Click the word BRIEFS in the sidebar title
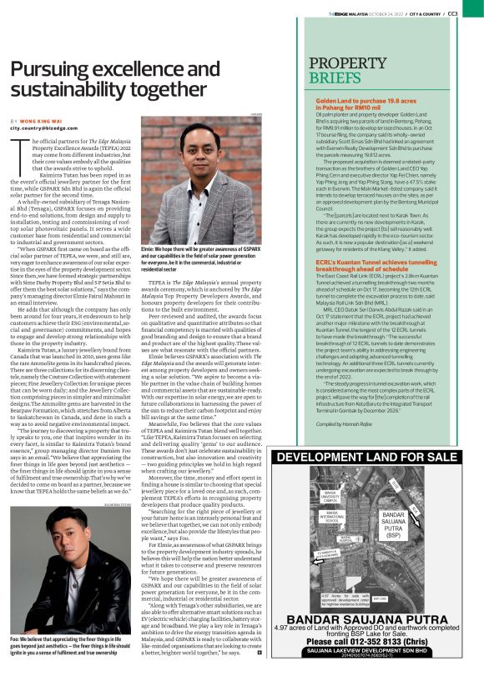(x=337, y=78)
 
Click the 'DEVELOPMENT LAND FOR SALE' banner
(x=366, y=457)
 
